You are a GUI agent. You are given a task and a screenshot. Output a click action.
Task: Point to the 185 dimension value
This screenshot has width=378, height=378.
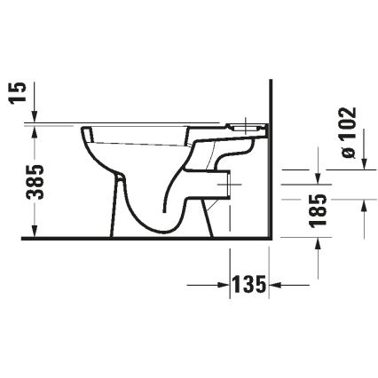[x=320, y=210]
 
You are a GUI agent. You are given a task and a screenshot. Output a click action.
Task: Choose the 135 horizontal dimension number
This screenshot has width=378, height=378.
[x=250, y=285]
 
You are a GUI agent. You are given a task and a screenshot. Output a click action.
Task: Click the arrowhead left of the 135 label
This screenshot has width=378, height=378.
[x=223, y=285]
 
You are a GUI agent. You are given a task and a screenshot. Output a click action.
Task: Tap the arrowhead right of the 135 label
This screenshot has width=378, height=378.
[x=277, y=285]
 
